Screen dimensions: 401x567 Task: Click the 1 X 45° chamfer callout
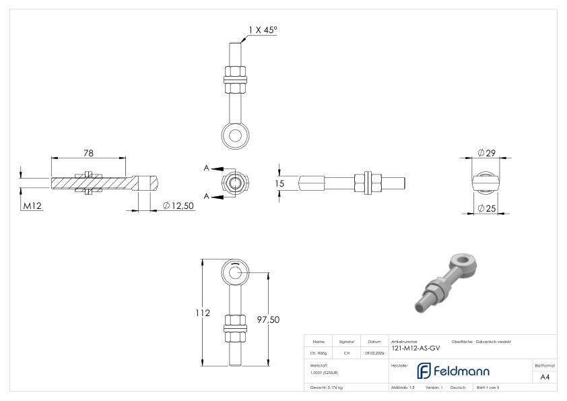(263, 30)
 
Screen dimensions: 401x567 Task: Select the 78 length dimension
(88, 153)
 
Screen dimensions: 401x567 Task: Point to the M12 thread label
(33, 206)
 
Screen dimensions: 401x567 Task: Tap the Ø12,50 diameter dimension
(178, 206)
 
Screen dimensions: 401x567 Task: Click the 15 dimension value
(280, 183)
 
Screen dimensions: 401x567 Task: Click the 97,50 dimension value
(269, 319)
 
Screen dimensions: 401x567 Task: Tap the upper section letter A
(207, 168)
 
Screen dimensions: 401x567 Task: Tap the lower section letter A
(207, 196)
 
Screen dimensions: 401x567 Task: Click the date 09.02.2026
(374, 352)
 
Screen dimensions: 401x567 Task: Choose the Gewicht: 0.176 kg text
(327, 388)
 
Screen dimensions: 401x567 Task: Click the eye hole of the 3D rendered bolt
(462, 258)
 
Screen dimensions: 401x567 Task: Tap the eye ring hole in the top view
(235, 135)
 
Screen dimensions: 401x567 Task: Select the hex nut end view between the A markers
(235, 182)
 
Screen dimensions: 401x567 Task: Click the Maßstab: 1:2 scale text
(403, 388)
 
